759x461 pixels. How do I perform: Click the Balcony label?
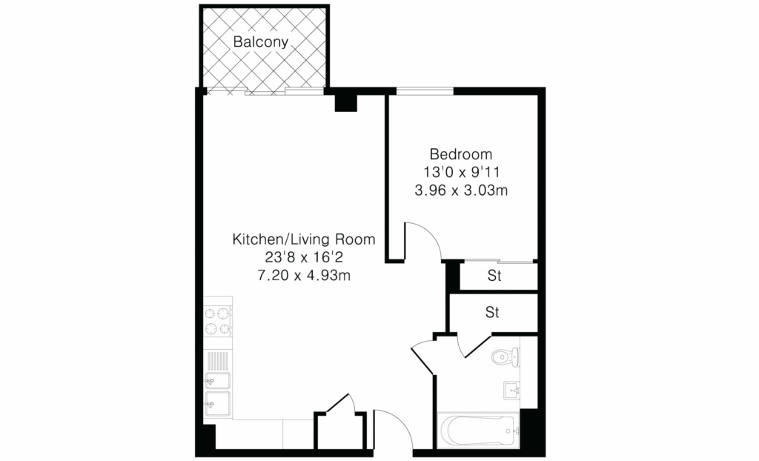pos(260,42)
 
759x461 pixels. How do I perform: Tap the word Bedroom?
pos(461,154)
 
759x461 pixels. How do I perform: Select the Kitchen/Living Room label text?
pos(304,239)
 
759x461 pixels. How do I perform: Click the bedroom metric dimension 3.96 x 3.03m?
pos(461,190)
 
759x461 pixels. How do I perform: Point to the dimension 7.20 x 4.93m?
pos(304,276)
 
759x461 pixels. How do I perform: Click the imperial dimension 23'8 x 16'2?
pos(304,257)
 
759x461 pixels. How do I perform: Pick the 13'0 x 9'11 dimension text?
pos(461,172)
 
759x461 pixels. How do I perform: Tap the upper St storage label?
pos(494,276)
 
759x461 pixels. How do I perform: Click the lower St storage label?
pos(492,313)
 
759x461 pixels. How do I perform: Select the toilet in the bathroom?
pos(506,358)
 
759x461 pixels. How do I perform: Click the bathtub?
pos(478,431)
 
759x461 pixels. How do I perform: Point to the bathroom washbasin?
pos(511,391)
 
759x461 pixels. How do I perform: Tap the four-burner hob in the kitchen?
pos(218,322)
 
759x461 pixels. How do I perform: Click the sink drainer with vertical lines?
pos(218,361)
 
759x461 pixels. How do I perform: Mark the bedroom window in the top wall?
pos(425,90)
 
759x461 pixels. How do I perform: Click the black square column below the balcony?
pos(345,103)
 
